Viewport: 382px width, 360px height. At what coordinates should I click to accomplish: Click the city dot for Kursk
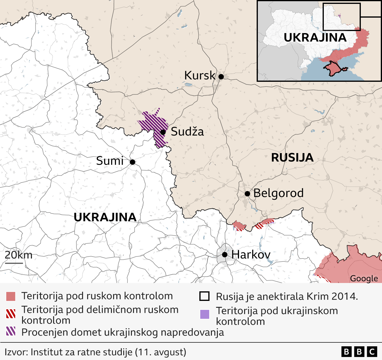(x=221, y=77)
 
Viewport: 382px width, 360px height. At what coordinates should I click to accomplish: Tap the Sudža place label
(x=187, y=132)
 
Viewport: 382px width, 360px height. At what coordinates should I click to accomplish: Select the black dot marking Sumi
(x=133, y=162)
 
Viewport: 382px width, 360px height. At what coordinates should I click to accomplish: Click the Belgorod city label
(x=278, y=193)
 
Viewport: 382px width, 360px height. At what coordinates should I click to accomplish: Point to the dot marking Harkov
(x=225, y=255)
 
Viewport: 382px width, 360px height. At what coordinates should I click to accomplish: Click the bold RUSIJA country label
(x=292, y=158)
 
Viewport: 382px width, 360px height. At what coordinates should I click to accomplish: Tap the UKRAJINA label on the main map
(x=105, y=217)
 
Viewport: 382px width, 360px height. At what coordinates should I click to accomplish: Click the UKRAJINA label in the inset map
(x=315, y=38)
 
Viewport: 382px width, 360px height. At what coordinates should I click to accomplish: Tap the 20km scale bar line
(x=14, y=263)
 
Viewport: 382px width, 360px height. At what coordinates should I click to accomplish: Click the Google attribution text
(x=363, y=279)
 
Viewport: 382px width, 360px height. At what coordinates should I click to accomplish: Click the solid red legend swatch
(x=11, y=296)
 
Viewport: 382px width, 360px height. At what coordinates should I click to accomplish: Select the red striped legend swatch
(x=11, y=313)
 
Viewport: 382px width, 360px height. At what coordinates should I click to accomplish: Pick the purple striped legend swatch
(x=11, y=331)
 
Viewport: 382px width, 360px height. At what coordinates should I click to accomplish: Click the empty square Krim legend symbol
(x=204, y=296)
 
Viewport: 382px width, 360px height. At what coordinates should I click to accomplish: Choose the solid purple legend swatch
(x=204, y=314)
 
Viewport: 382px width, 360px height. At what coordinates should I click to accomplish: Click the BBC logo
(x=359, y=352)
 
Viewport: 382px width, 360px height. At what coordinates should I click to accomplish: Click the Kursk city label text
(x=199, y=76)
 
